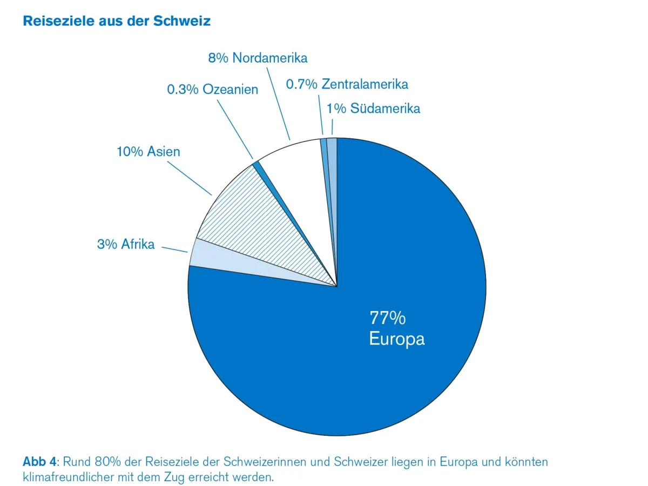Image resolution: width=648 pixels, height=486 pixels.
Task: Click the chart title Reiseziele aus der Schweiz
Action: click(x=116, y=21)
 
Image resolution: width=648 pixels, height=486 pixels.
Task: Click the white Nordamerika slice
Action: click(x=297, y=178)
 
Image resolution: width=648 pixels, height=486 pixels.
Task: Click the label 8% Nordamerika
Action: click(x=257, y=58)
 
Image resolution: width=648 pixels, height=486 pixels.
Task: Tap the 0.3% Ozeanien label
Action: click(x=212, y=90)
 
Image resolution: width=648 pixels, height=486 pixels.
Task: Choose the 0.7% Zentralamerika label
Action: click(x=347, y=84)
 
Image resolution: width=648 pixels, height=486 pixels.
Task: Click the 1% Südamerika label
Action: click(x=373, y=108)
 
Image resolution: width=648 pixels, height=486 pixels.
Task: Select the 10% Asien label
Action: click(x=148, y=151)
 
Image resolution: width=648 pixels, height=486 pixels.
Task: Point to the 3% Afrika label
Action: click(x=126, y=244)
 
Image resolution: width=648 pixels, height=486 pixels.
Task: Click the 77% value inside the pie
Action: click(x=387, y=318)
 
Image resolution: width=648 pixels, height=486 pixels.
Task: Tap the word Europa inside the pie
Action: click(x=396, y=339)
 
